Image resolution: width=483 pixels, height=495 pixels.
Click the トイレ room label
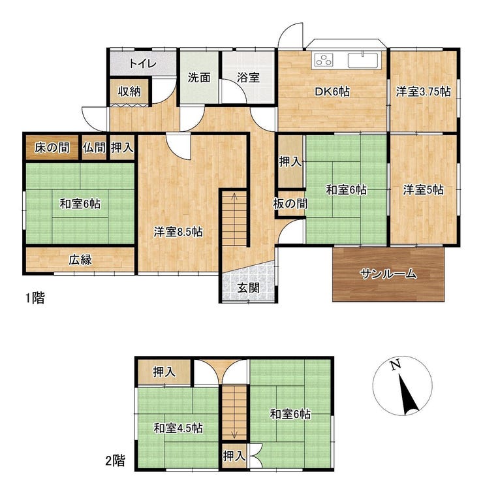pyautogui.click(x=143, y=64)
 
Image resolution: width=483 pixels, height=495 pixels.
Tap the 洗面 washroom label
pyautogui.click(x=199, y=77)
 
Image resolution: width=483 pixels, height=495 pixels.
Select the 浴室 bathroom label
pyautogui.click(x=248, y=77)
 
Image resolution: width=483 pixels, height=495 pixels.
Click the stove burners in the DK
pyautogui.click(x=323, y=59)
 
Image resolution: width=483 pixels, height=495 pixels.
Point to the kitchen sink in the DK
pyautogui.click(x=363, y=60)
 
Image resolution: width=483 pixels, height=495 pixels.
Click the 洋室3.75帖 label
pyautogui.click(x=424, y=92)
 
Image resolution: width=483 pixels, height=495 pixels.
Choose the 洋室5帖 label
pyautogui.click(x=424, y=190)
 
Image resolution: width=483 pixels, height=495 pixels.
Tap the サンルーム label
pyautogui.click(x=388, y=274)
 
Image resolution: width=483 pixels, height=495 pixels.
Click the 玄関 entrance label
pyautogui.click(x=248, y=288)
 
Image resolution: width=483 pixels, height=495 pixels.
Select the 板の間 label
pyautogui.click(x=290, y=204)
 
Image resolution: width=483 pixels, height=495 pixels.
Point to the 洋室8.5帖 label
pyautogui.click(x=178, y=232)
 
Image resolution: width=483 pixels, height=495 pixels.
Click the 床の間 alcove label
pyautogui.click(x=52, y=148)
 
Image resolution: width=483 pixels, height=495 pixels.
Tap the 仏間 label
pyautogui.click(x=95, y=148)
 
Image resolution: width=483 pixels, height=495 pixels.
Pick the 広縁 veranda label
pyautogui.click(x=80, y=260)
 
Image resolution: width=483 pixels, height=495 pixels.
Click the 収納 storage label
pyautogui.click(x=129, y=92)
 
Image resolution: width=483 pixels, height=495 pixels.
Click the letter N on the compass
pyautogui.click(x=396, y=364)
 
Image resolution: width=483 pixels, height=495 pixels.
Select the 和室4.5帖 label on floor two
pyautogui.click(x=178, y=428)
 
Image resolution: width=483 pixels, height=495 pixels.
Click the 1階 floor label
pyautogui.click(x=35, y=298)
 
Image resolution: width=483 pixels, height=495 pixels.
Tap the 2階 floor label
pyautogui.click(x=115, y=460)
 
